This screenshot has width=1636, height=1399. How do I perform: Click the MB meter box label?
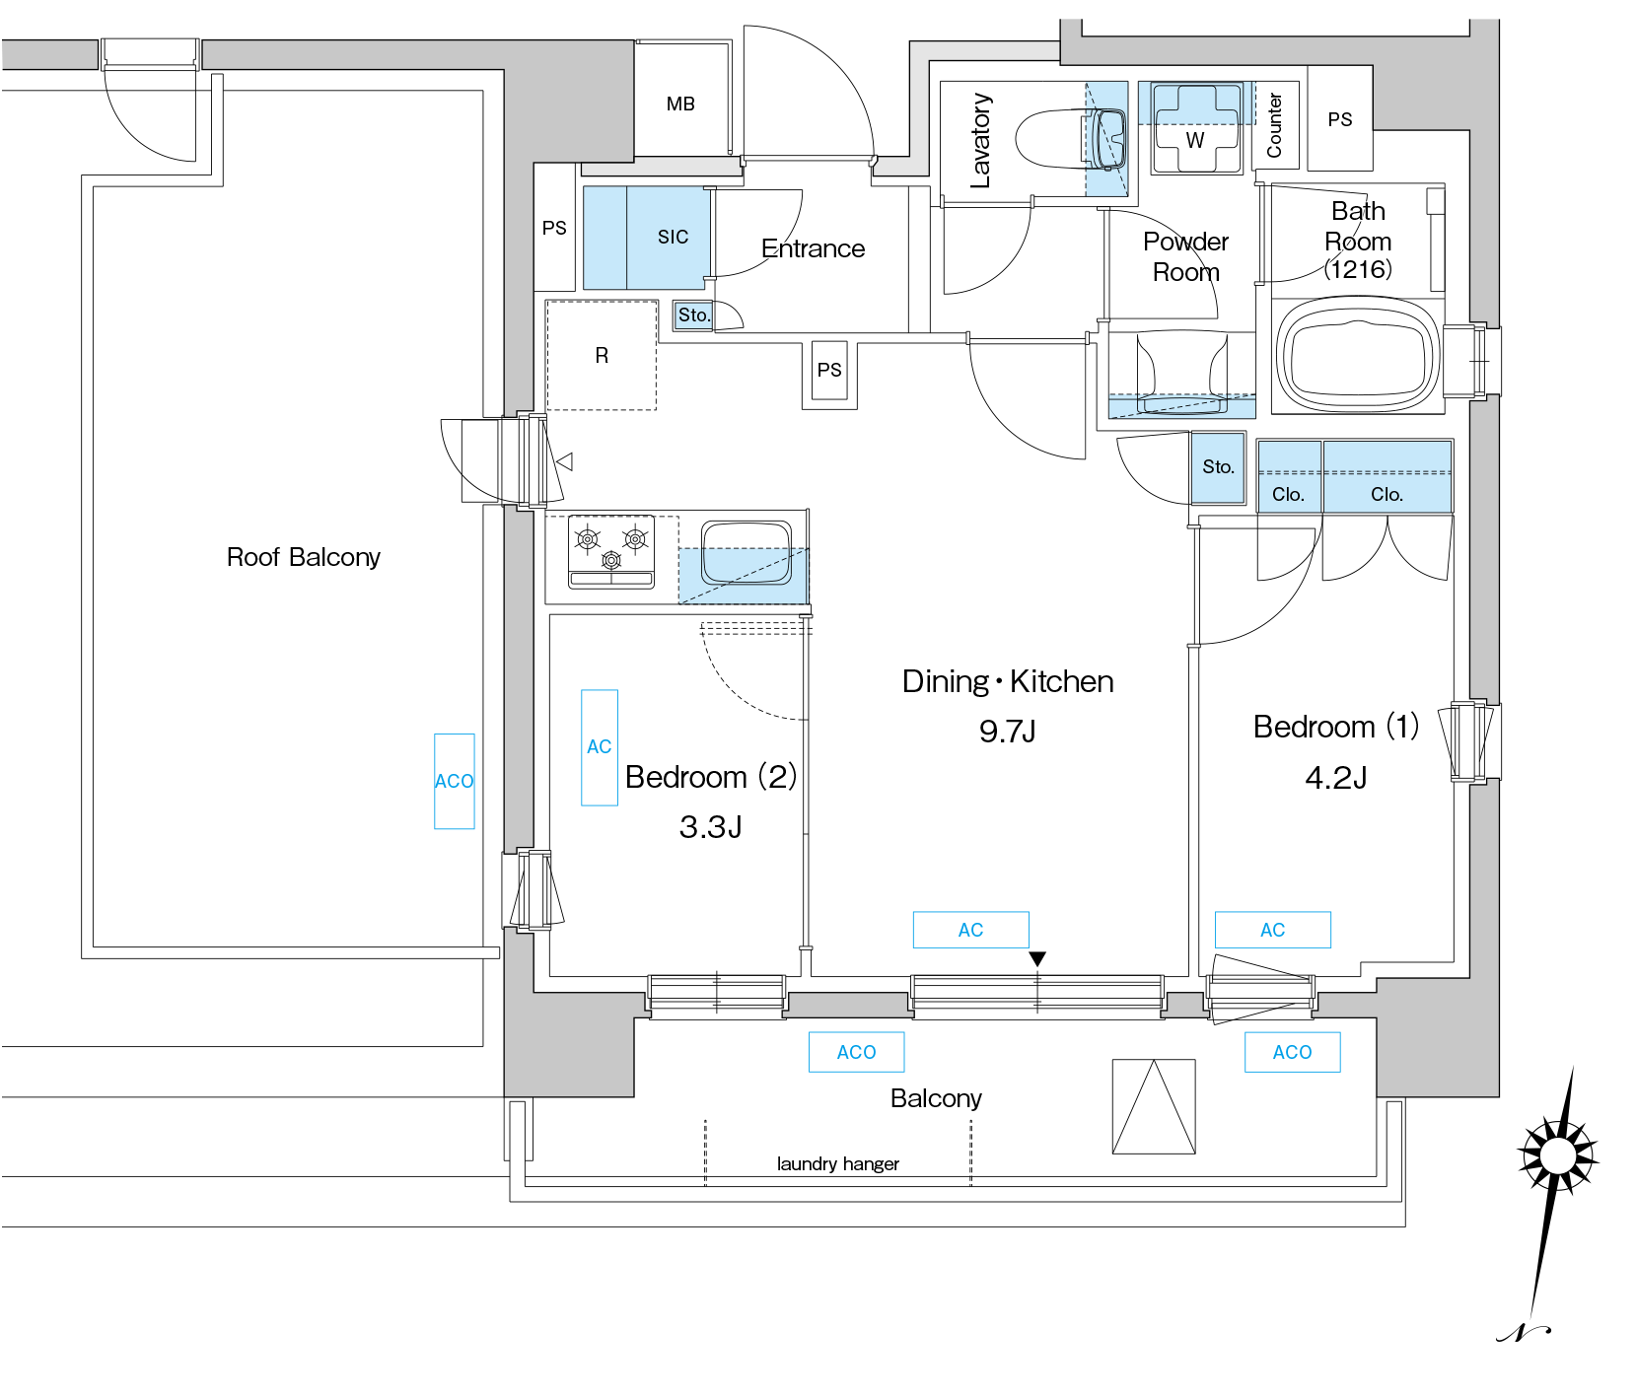tap(680, 104)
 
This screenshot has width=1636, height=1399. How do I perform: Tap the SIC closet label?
tap(674, 237)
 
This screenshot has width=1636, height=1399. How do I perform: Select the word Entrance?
tap(813, 248)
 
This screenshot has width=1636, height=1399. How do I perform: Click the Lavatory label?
tap(979, 141)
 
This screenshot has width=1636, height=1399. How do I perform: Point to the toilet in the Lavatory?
tap(1071, 139)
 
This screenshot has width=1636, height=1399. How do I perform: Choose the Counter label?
tap(1274, 125)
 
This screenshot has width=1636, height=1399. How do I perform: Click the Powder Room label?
tap(1185, 256)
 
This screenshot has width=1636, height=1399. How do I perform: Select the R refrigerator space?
tap(602, 356)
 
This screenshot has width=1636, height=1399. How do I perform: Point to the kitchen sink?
tap(747, 553)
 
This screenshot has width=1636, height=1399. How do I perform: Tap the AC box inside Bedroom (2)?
tap(600, 747)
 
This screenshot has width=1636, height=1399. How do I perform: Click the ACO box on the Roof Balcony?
tap(455, 781)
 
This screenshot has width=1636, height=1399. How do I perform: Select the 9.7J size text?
tap(1007, 732)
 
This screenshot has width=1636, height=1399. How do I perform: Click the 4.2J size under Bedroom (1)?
tap(1336, 778)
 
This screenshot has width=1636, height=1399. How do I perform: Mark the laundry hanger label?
tap(838, 1164)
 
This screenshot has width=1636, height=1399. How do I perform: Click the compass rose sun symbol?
tap(1557, 1154)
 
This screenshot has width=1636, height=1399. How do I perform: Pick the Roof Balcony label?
tap(304, 557)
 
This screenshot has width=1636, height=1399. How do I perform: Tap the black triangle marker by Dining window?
tap(1037, 959)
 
